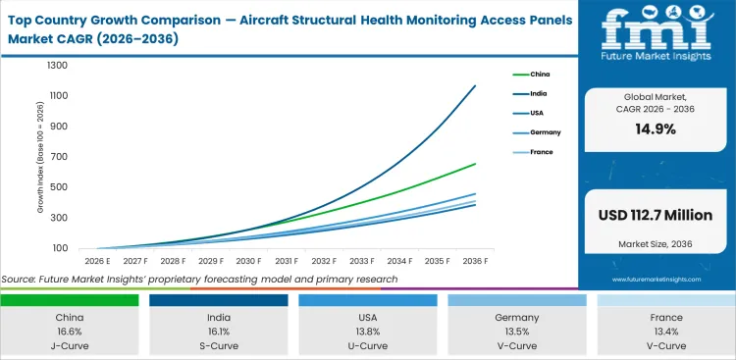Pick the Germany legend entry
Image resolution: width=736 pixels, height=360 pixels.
point(546,131)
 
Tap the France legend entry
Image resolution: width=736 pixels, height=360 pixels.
point(542,151)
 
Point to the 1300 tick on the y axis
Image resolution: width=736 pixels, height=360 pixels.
point(57,66)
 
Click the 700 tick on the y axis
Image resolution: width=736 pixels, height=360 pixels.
point(60,157)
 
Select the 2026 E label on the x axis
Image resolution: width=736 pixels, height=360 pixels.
point(95,262)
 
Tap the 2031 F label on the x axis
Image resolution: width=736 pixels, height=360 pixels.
point(286,262)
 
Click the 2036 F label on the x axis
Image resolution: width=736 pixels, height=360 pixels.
point(476,262)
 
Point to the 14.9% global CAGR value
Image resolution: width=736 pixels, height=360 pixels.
point(656,129)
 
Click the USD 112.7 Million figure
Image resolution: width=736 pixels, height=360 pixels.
point(656,214)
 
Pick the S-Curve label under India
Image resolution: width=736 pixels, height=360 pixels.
point(220,346)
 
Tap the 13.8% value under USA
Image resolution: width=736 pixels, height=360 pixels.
point(367,333)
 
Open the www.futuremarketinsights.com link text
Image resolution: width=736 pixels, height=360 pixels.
point(656,279)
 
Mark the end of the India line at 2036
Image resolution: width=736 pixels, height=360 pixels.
point(476,85)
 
